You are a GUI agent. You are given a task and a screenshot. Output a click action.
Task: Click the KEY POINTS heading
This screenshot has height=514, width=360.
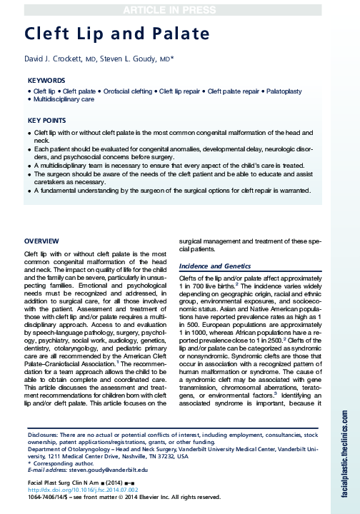47,121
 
